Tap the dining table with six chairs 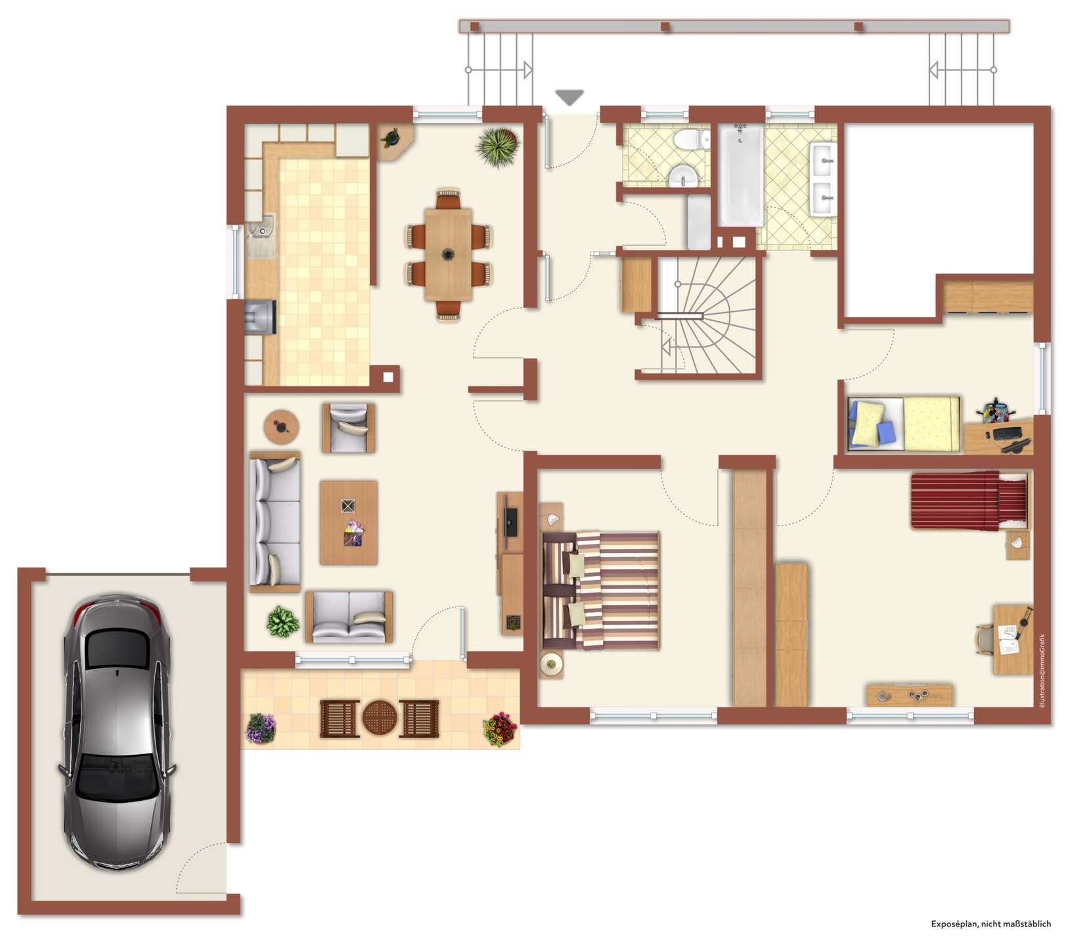(449, 252)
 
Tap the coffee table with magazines (349, 522)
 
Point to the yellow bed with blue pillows (903, 424)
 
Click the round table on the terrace (380, 718)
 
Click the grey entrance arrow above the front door (569, 97)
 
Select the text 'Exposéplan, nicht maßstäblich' (990, 924)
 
